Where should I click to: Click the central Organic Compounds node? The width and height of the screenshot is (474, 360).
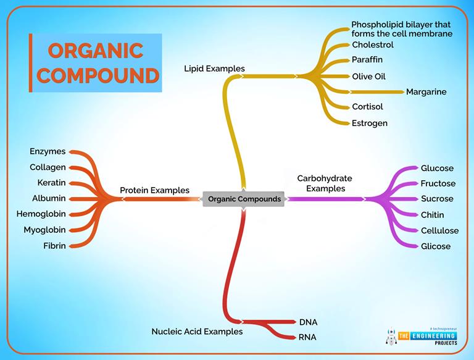(244, 199)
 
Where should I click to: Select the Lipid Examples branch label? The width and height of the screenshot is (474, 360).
(214, 69)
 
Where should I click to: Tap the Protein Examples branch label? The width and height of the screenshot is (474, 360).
(154, 190)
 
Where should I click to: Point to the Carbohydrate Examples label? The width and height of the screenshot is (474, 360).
(325, 183)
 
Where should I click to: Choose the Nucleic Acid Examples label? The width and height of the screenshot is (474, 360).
(197, 332)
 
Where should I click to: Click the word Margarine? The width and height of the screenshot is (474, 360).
(426, 92)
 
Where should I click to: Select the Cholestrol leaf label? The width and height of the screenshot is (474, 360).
(372, 45)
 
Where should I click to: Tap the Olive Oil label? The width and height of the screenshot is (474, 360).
(368, 77)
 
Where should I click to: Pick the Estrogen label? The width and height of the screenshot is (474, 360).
(370, 123)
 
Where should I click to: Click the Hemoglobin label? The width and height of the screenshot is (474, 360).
(44, 214)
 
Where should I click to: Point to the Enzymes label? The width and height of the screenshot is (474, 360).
(48, 151)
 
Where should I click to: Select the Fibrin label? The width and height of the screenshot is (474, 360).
(54, 246)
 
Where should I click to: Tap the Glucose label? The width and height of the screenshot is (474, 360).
(437, 169)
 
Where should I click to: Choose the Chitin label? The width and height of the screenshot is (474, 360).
(432, 215)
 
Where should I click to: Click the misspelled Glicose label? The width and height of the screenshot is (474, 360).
(436, 246)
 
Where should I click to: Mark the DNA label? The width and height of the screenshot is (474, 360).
(308, 322)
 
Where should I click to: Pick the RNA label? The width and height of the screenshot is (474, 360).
(308, 337)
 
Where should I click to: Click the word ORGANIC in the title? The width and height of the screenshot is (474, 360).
(96, 51)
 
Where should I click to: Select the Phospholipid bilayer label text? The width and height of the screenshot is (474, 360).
(401, 29)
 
